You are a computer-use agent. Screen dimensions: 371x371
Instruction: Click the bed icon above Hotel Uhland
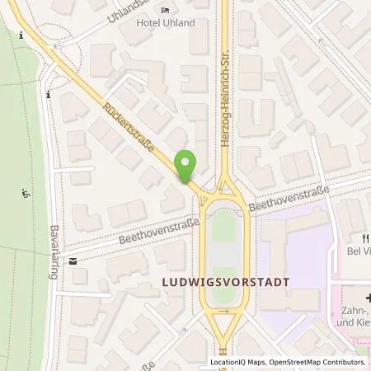click(x=165, y=11)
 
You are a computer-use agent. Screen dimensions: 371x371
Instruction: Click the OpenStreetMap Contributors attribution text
click(x=319, y=362)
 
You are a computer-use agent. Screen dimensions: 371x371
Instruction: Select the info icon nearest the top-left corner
click(x=20, y=35)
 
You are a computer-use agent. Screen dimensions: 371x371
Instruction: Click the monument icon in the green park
click(x=25, y=195)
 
